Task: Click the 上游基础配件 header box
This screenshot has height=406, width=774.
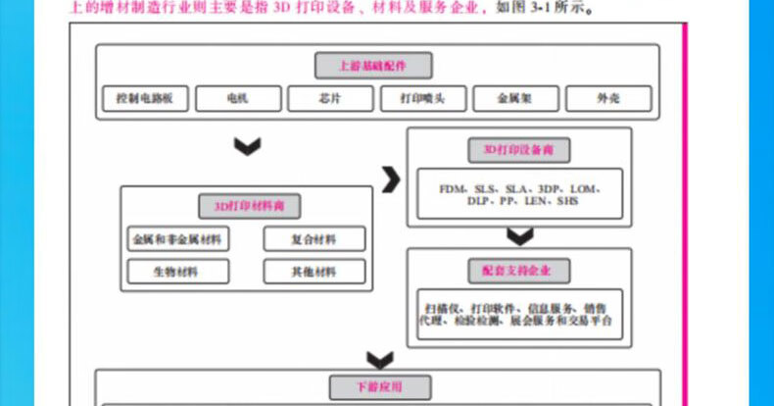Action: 373,66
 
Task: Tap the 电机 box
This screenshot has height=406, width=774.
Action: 237,99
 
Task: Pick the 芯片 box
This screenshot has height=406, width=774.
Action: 330,99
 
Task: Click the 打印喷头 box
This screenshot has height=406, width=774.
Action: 422,99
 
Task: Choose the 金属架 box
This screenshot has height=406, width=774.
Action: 515,99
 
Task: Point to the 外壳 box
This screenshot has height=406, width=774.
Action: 607,99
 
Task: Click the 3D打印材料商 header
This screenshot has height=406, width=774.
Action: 250,207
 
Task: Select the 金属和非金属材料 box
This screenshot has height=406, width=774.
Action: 177,238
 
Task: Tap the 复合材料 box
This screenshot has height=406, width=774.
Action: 314,238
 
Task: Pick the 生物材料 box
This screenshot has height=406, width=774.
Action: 177,272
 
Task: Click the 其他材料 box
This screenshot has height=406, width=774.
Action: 314,272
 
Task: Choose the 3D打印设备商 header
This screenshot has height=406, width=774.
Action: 519,150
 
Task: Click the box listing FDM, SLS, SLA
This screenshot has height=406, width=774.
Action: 519,193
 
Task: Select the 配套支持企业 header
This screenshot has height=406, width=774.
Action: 519,270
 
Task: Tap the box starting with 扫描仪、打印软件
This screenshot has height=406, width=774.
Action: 519,313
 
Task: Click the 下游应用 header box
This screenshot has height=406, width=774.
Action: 378,386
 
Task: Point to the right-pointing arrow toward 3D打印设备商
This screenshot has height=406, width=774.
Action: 391,179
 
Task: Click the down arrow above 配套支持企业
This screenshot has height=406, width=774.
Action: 520,236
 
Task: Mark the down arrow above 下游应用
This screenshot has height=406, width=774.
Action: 379,359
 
